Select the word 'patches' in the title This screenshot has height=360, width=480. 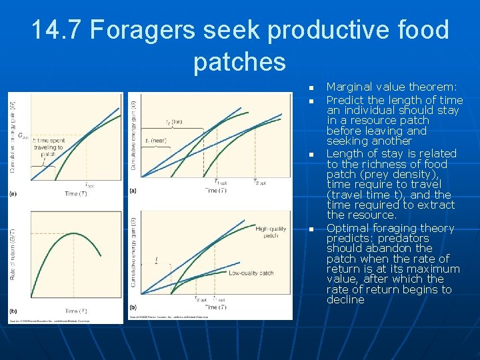pos(239,62)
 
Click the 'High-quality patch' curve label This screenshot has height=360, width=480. pos(271,233)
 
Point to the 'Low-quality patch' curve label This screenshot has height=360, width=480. pos(251,273)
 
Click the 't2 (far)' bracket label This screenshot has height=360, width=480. pos(173,122)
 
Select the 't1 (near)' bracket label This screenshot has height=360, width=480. pos(155,141)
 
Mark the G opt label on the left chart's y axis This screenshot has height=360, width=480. pos(23,135)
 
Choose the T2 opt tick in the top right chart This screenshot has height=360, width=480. pos(259,182)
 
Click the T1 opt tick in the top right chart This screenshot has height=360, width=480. pos(221,182)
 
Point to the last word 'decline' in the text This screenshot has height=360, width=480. pos(345,300)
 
